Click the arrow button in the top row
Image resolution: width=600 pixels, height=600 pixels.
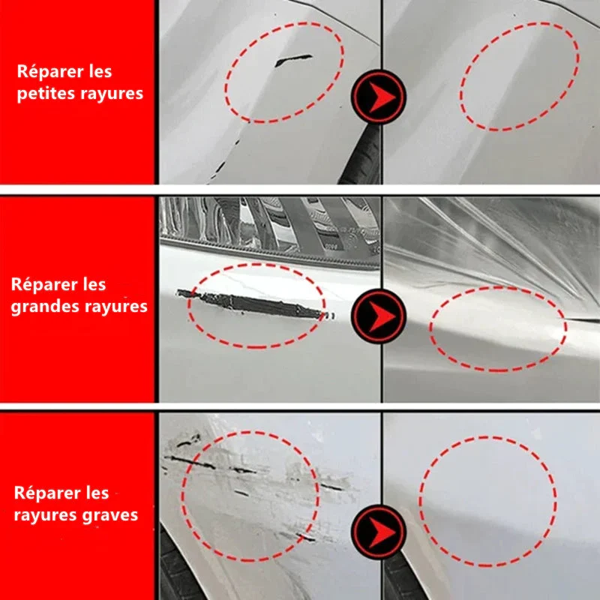[379, 97]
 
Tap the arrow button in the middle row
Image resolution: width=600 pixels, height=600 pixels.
[379, 316]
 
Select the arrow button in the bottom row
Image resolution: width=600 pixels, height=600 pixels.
[379, 532]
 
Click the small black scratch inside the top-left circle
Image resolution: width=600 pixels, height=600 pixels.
[293, 60]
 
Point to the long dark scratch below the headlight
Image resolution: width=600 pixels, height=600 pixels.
[253, 304]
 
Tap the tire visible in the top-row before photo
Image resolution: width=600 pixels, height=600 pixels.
[361, 157]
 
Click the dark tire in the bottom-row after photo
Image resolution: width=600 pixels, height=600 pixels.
[402, 576]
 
